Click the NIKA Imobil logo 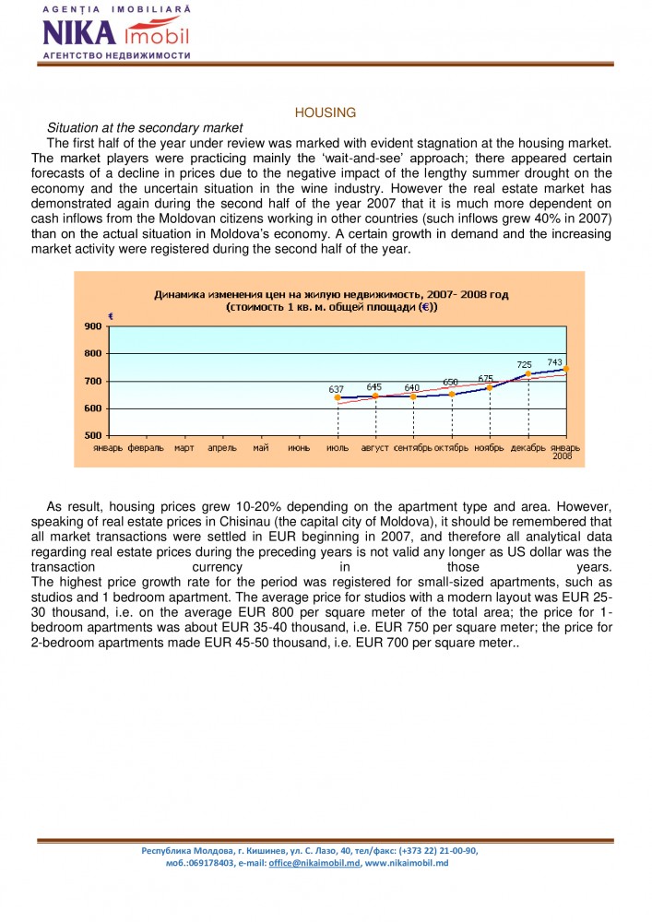pyautogui.click(x=115, y=33)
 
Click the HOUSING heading pyautogui.click(x=325, y=112)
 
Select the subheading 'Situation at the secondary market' pyautogui.click(x=145, y=127)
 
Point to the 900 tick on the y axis pyautogui.click(x=92, y=326)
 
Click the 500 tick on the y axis pyautogui.click(x=92, y=435)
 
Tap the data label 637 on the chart pyautogui.click(x=336, y=389)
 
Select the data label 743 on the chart pyautogui.click(x=554, y=362)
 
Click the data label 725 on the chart pyautogui.click(x=524, y=365)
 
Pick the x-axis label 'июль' pyautogui.click(x=338, y=448)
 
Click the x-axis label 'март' pyautogui.click(x=184, y=448)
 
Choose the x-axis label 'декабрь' pyautogui.click(x=528, y=448)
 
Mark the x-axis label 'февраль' pyautogui.click(x=146, y=448)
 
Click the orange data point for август pyautogui.click(x=375, y=396)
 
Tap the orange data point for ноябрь pyautogui.click(x=490, y=387)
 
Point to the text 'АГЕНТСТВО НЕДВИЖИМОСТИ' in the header pyautogui.click(x=116, y=55)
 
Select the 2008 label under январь pyautogui.click(x=563, y=456)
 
